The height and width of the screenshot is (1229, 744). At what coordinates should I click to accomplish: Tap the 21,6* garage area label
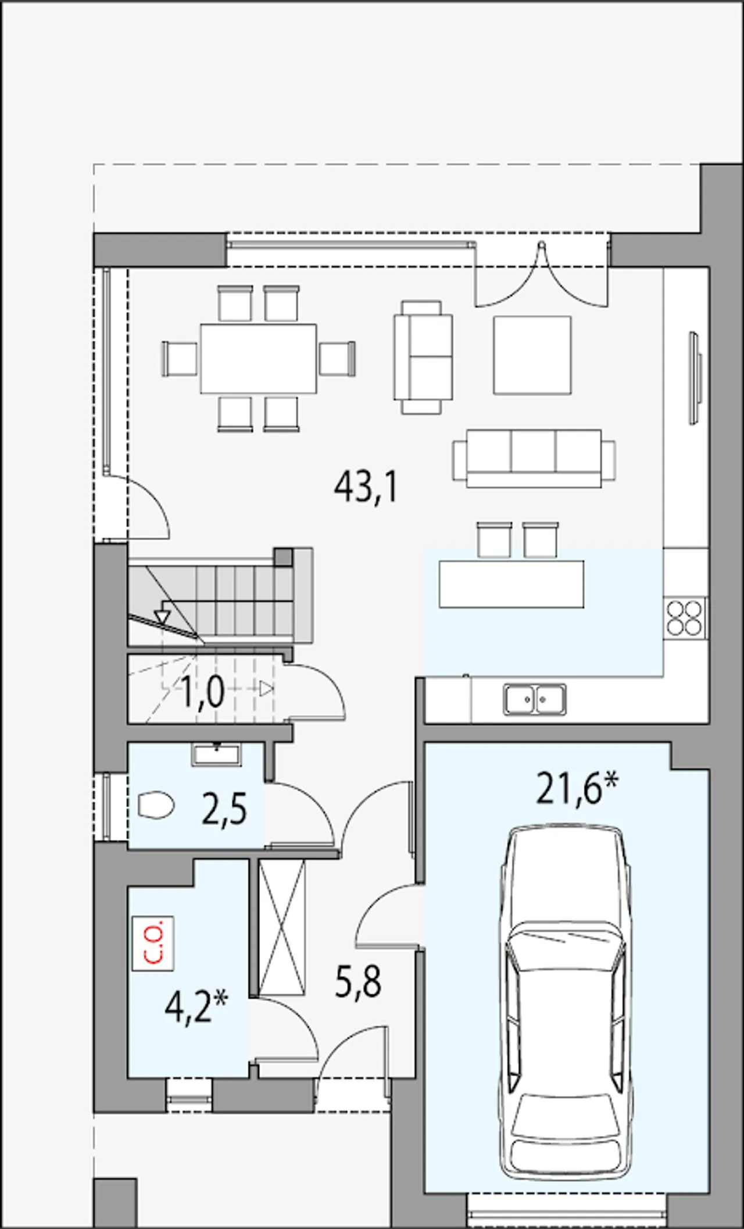pos(577,788)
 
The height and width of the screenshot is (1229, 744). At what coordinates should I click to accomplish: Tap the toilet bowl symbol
pos(156,805)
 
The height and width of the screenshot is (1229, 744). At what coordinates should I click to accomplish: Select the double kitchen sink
pos(535,698)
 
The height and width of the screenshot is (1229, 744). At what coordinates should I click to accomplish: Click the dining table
pos(259,358)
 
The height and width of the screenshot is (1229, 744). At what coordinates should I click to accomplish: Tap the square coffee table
pos(532,355)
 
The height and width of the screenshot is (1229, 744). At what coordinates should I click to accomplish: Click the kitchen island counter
pos(512,584)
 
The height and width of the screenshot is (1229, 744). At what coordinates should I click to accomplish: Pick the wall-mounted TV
pos(695,378)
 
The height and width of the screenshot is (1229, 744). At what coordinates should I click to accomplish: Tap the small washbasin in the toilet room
pos(216,754)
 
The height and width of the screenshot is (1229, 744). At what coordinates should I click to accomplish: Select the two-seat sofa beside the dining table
pos(423,357)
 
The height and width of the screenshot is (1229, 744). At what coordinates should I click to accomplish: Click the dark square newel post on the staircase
pos(283,556)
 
